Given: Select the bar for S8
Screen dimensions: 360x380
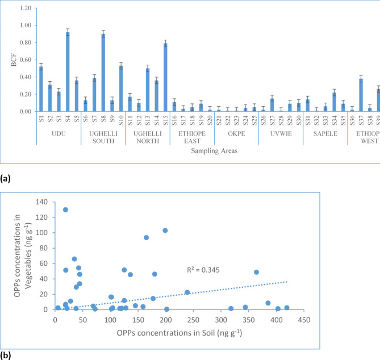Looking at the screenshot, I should click(103, 73).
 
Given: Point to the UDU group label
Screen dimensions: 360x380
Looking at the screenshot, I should click(59, 137).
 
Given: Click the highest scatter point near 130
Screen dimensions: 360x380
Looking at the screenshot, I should click(65, 210).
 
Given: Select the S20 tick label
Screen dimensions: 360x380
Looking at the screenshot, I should click(210, 120).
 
